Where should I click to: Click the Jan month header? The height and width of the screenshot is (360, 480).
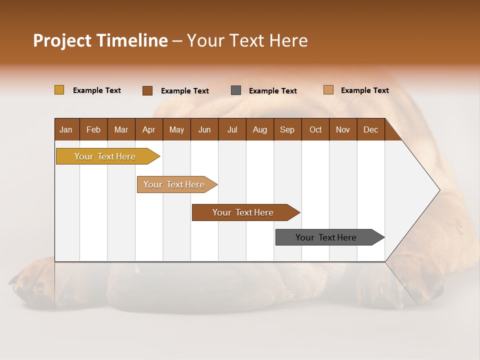pyautogui.click(x=66, y=129)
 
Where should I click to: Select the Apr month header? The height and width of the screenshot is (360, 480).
pyautogui.click(x=148, y=129)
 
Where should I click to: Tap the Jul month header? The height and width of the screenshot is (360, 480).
pyautogui.click(x=232, y=129)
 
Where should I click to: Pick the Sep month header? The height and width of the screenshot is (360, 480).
pyautogui.click(x=287, y=129)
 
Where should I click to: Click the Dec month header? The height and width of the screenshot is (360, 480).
pyautogui.click(x=370, y=129)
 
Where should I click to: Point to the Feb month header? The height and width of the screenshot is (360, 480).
pyautogui.click(x=93, y=129)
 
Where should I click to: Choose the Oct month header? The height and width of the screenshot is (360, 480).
pyautogui.click(x=315, y=129)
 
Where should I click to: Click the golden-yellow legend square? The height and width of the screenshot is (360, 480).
pyautogui.click(x=59, y=90)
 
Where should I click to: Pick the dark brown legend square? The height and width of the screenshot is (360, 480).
pyautogui.click(x=147, y=90)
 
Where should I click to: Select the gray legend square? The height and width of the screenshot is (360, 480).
pyautogui.click(x=236, y=90)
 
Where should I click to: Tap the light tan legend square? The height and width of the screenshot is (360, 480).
pyautogui.click(x=328, y=90)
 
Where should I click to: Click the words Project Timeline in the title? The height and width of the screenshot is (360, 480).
pyautogui.click(x=100, y=40)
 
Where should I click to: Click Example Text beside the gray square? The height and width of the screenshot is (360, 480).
pyautogui.click(x=273, y=91)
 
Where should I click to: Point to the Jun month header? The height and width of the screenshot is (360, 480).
pyautogui.click(x=204, y=129)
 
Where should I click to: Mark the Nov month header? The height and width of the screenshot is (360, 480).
pyautogui.click(x=343, y=129)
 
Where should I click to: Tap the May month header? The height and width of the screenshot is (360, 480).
pyautogui.click(x=176, y=129)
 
